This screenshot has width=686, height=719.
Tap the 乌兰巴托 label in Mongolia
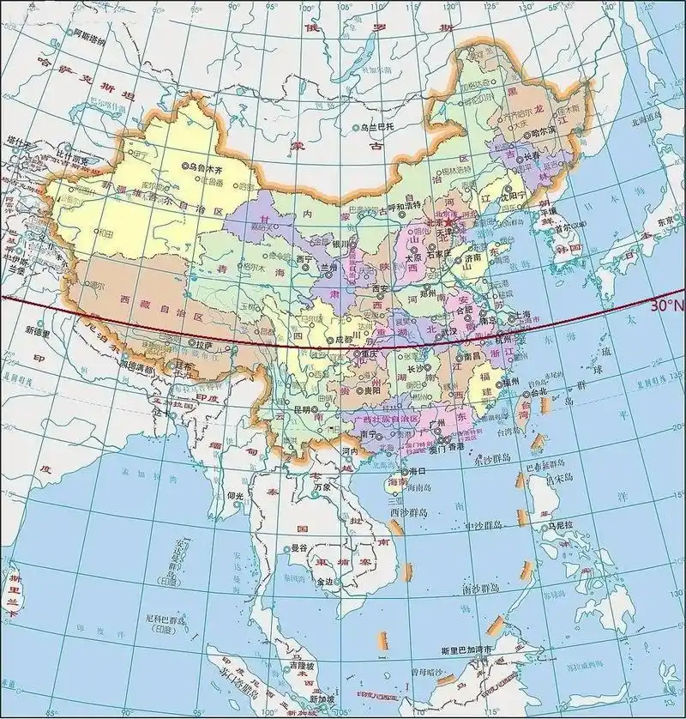tap(381, 127)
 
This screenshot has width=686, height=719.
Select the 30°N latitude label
tap(666, 305)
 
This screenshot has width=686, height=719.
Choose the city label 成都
tap(343, 340)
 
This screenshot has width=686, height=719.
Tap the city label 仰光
tap(236, 495)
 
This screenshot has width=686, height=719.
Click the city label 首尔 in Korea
tap(563, 229)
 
